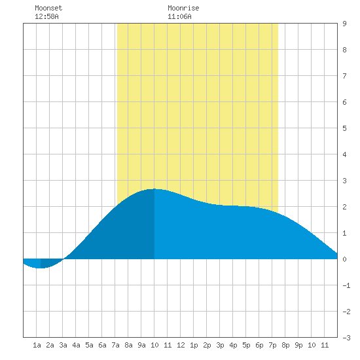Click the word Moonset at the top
(48, 8)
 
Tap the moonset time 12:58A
(46, 16)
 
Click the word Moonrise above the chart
(183, 8)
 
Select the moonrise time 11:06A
(179, 16)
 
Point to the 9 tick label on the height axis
(344, 24)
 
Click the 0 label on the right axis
(344, 259)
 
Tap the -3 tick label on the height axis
(346, 338)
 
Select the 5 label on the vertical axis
(344, 128)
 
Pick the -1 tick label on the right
(346, 285)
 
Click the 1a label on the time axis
(37, 345)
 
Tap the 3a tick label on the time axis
(63, 345)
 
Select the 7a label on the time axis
(115, 345)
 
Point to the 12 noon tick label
(181, 345)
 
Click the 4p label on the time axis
(233, 345)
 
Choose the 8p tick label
(285, 345)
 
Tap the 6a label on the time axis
(102, 345)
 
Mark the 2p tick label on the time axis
(207, 345)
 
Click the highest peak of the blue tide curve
(154, 189)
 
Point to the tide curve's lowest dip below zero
(41, 268)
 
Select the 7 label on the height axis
(344, 76)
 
